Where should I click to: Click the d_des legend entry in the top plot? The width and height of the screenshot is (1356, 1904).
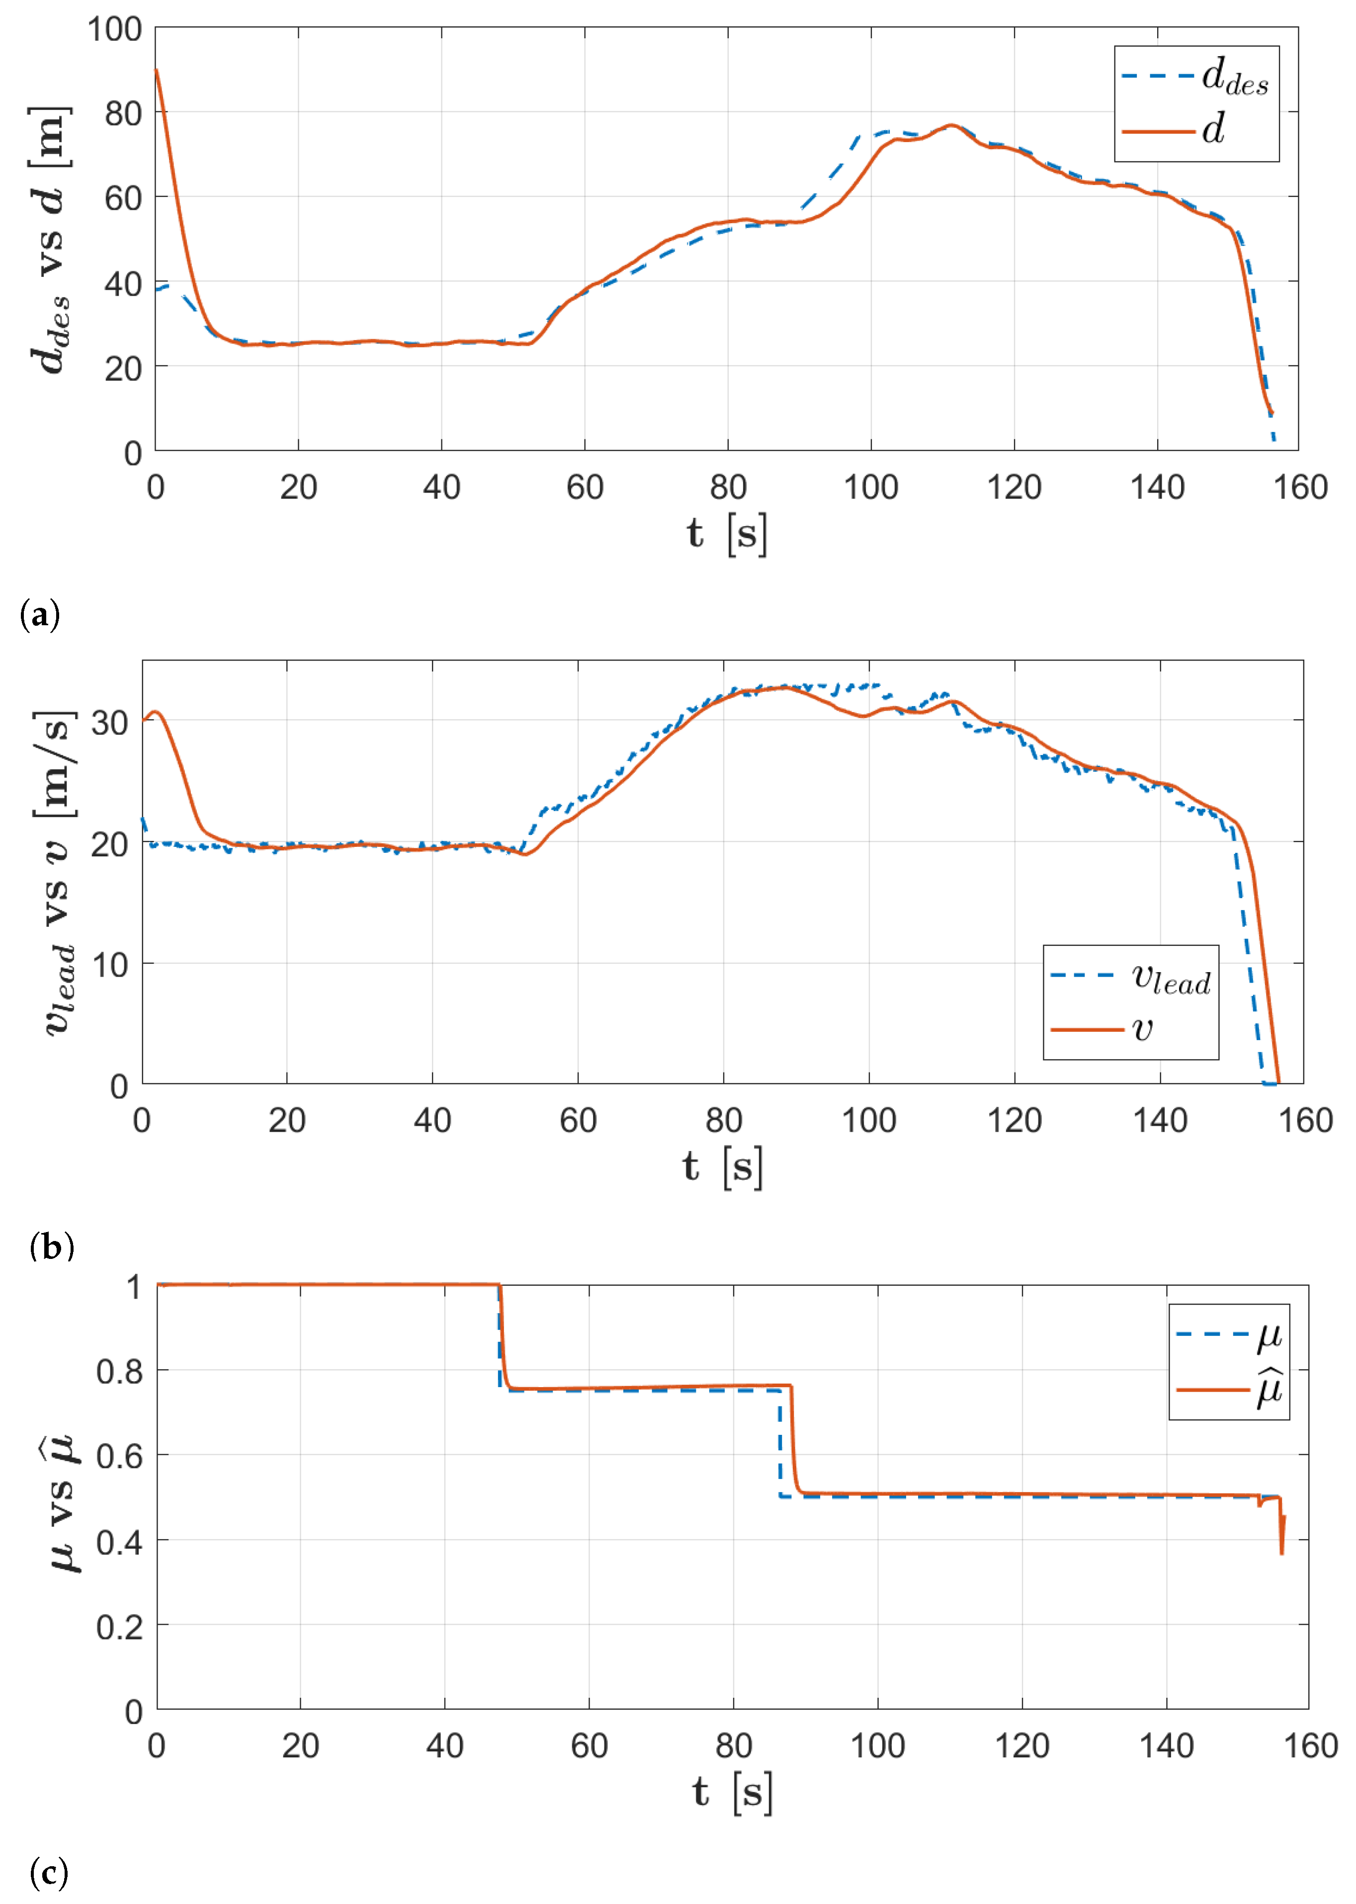coord(1195,78)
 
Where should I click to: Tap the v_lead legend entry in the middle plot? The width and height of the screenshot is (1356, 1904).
coord(1130,977)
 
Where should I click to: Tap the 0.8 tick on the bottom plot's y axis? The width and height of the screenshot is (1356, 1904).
coord(119,1371)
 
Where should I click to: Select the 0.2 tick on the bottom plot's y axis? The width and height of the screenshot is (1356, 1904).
coord(119,1626)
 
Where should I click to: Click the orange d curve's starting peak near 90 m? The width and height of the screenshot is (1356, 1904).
coord(157,71)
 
